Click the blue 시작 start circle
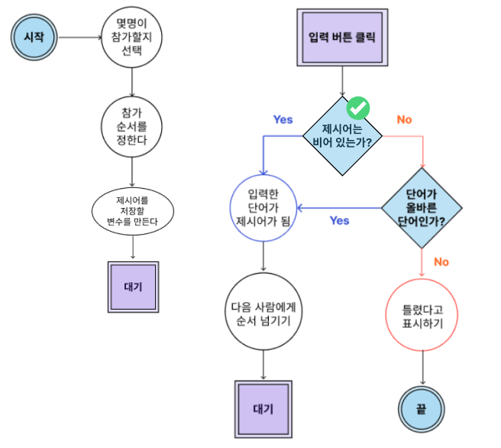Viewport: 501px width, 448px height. click(x=33, y=37)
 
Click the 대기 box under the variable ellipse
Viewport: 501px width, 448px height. click(x=133, y=287)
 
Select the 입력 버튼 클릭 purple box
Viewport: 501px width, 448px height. click(x=341, y=37)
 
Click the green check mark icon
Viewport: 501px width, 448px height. click(x=358, y=107)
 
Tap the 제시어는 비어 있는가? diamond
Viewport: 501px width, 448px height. click(x=342, y=135)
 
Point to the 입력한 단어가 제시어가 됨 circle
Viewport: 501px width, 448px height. click(x=263, y=207)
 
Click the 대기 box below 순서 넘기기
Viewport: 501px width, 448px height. click(x=263, y=407)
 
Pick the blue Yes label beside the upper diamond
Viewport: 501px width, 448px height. click(x=283, y=119)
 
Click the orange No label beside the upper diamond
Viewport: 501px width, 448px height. click(x=404, y=119)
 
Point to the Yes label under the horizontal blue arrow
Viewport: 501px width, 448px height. click(x=339, y=220)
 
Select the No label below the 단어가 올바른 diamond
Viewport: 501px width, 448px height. click(x=441, y=261)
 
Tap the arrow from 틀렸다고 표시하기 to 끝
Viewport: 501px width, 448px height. click(x=422, y=368)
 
